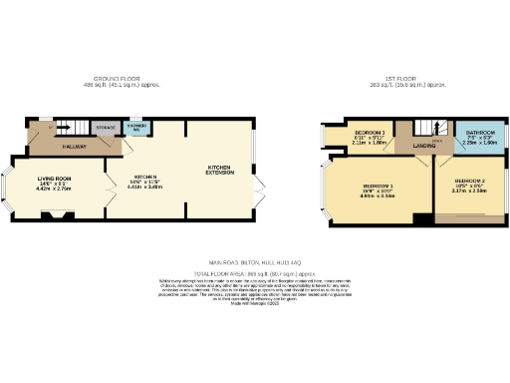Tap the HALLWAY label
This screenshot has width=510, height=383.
click(x=73, y=147)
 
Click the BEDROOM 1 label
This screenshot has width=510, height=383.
click(x=378, y=188)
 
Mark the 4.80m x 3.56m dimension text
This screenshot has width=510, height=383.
click(x=378, y=197)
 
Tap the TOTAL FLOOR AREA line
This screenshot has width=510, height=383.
click(x=254, y=271)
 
